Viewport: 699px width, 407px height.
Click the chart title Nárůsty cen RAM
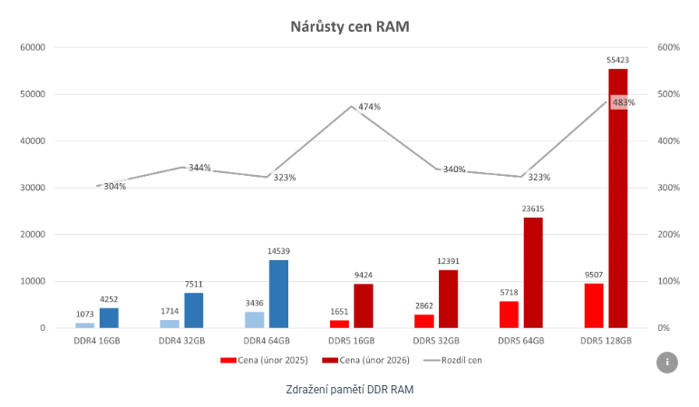tap(349, 26)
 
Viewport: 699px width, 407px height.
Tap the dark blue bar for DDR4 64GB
tap(278, 294)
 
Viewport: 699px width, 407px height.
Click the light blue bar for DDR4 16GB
tap(84, 325)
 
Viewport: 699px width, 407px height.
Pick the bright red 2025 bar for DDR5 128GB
tap(593, 305)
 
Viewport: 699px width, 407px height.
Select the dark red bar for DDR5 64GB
tap(532, 272)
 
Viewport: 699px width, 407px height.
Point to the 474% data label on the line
tap(369, 107)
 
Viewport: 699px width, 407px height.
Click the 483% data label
tap(624, 102)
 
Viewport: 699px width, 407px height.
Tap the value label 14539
tap(278, 251)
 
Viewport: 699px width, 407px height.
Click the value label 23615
tap(533, 208)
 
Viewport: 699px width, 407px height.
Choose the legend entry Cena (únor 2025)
tap(265, 360)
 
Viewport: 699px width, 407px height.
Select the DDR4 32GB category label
tap(182, 341)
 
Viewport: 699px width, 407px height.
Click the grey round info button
tap(667, 362)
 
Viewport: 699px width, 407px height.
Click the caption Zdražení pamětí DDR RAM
tap(349, 389)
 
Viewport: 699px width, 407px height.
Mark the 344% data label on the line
tap(199, 168)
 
